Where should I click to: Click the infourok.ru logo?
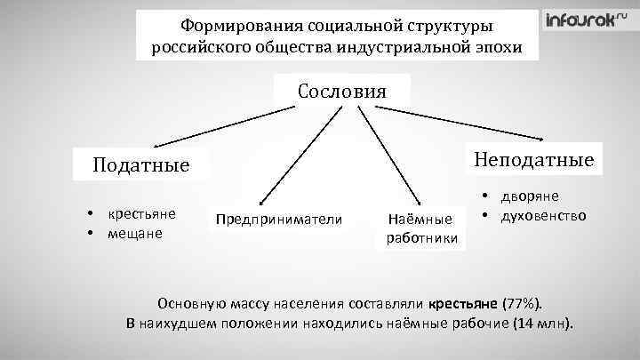(x=580, y=22)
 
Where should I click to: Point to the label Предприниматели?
(x=278, y=218)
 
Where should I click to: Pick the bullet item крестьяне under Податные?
(x=141, y=214)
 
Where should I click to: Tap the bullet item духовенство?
(x=541, y=215)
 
